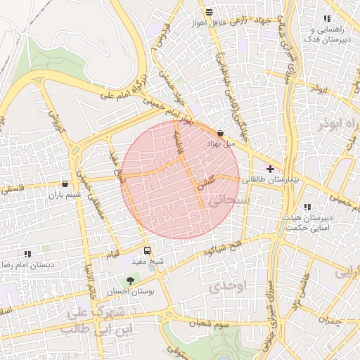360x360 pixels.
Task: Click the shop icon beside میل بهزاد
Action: (x=221, y=132)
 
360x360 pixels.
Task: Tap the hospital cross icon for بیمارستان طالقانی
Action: (x=270, y=169)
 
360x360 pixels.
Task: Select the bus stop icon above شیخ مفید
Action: (x=147, y=250)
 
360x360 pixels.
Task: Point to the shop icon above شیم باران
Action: (x=65, y=184)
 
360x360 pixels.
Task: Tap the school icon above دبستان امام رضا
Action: (x=27, y=253)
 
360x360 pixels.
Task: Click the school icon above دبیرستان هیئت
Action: (x=307, y=207)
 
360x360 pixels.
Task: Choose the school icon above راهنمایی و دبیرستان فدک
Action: (x=326, y=18)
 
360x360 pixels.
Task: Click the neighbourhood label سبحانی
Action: (x=226, y=200)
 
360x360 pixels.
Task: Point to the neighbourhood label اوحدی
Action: (x=226, y=285)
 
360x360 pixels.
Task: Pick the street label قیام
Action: (x=112, y=253)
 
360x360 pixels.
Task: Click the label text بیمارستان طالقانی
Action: (x=271, y=181)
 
